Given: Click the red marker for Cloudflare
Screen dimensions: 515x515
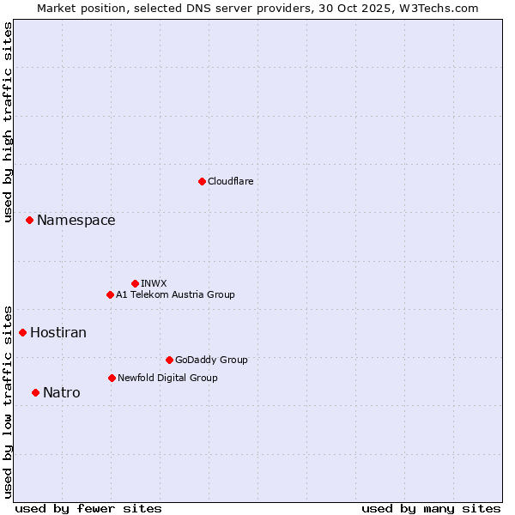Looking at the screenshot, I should pyautogui.click(x=202, y=181).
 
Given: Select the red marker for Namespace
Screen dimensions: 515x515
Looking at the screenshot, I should pyautogui.click(x=29, y=221).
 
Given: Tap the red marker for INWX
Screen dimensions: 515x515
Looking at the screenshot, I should pyautogui.click(x=135, y=283).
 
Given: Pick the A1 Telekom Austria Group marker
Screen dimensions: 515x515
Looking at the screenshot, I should pyautogui.click(x=110, y=294).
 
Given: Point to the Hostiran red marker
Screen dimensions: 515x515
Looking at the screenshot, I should pyautogui.click(x=22, y=332).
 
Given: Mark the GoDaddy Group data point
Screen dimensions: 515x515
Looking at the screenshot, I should pyautogui.click(x=169, y=360).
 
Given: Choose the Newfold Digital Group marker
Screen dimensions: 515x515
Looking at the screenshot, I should pyautogui.click(x=112, y=378).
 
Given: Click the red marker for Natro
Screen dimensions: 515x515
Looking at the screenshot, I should pyautogui.click(x=35, y=392).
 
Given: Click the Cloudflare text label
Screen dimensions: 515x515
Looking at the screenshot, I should pyautogui.click(x=230, y=181).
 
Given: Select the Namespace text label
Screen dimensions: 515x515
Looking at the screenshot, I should pyautogui.click(x=76, y=221).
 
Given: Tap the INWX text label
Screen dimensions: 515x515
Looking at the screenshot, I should pyautogui.click(x=154, y=283).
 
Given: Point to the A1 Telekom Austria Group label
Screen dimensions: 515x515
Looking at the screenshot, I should pyautogui.click(x=175, y=294).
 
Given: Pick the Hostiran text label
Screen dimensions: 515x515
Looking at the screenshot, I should pyautogui.click(x=58, y=332).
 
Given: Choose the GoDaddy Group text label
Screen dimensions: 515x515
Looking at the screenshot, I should pyautogui.click(x=211, y=360).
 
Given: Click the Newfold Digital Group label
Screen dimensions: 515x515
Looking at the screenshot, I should pyautogui.click(x=167, y=378).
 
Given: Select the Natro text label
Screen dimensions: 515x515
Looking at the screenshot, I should pyautogui.click(x=62, y=392).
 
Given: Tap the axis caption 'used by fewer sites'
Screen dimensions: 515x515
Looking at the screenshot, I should pyautogui.click(x=88, y=508).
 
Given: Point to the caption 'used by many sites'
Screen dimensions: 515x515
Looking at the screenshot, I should pyautogui.click(x=431, y=508).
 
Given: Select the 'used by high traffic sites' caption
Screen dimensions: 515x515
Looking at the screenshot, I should pyautogui.click(x=8, y=122).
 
